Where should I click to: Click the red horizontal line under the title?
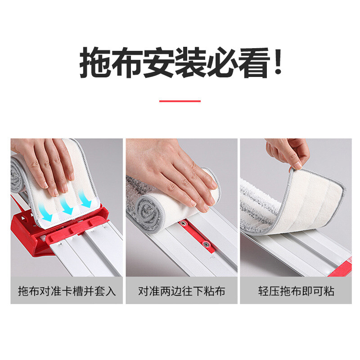point(180,101)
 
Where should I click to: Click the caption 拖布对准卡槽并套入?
point(67,291)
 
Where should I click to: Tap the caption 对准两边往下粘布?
point(181,291)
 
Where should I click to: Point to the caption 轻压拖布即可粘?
point(296,291)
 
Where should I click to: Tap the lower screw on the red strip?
point(206,244)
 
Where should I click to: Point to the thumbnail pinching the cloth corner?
point(298,165)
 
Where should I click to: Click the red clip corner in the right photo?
point(342,269)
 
